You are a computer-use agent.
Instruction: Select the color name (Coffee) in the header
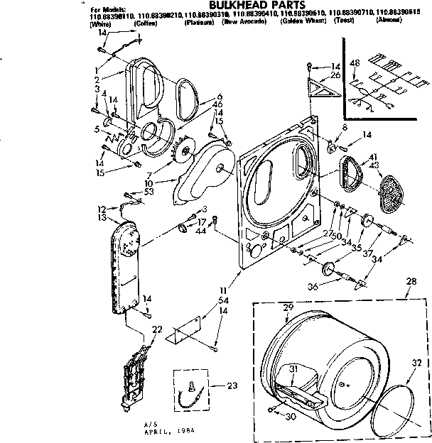[x=146, y=23]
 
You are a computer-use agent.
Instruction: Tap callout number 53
[x=148, y=192]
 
